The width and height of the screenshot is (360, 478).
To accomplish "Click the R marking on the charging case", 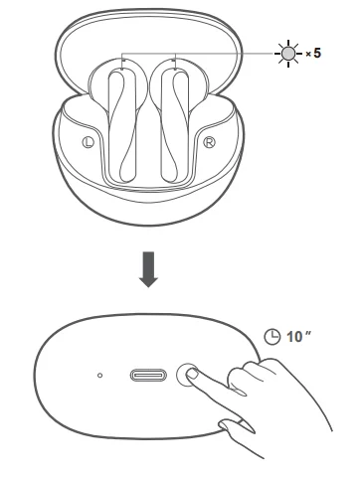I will (210, 142).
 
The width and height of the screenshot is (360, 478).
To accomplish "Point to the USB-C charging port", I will (146, 377).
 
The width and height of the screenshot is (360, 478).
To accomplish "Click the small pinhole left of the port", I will (100, 377).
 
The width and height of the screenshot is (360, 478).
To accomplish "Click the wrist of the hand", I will (318, 407).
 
